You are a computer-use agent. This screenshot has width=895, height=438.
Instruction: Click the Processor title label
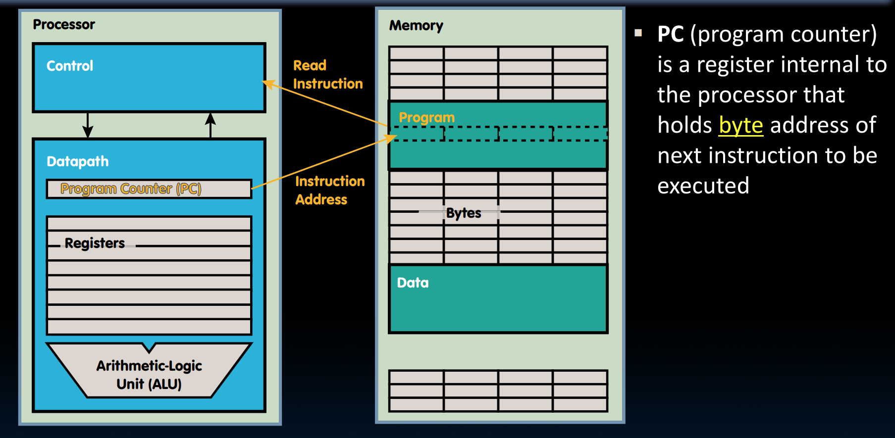coord(63,24)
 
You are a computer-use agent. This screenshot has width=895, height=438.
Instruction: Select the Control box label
coord(70,66)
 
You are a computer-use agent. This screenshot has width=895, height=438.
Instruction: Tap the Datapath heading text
coord(77,161)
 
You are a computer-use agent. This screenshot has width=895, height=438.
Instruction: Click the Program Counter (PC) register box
coord(149,189)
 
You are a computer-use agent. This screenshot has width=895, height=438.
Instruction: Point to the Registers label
coord(95,243)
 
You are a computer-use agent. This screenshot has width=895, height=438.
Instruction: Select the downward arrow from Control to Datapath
coord(88,125)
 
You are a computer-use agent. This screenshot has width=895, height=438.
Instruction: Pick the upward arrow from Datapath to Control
coord(211,125)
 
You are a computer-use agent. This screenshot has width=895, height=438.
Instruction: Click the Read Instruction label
coord(327,74)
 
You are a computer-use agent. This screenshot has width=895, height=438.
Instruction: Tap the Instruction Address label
coord(330,190)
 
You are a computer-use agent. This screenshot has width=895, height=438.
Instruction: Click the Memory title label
coord(416,25)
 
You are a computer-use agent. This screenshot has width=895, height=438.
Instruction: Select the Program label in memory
coord(426,117)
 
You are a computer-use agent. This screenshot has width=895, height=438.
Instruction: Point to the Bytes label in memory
coord(464,213)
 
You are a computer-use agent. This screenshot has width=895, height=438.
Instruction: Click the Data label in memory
coord(413,283)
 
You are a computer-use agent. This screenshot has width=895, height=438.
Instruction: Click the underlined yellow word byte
coord(740,125)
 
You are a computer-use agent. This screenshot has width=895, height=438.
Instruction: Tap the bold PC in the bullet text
coord(670,34)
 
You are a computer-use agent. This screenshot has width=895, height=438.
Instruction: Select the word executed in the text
coord(703,186)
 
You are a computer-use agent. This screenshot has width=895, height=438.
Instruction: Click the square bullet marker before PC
coord(638,33)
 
